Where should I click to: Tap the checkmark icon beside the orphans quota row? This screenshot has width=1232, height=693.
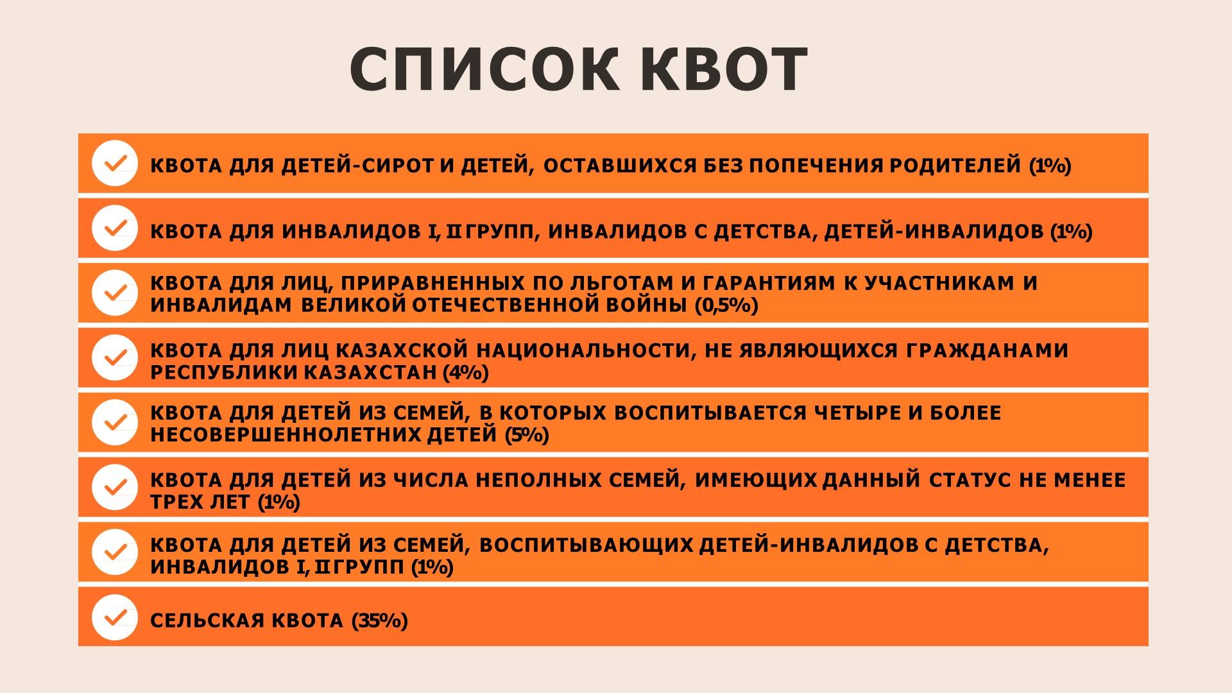(x=115, y=163)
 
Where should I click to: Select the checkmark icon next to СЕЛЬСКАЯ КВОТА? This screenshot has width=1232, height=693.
(x=115, y=617)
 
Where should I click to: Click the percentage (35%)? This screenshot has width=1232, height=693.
(x=380, y=620)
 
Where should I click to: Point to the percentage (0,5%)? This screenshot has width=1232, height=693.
(x=726, y=305)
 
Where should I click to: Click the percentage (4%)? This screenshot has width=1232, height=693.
(x=466, y=372)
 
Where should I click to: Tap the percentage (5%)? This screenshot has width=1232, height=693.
(x=527, y=435)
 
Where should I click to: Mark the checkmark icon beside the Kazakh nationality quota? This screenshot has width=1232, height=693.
(x=115, y=357)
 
